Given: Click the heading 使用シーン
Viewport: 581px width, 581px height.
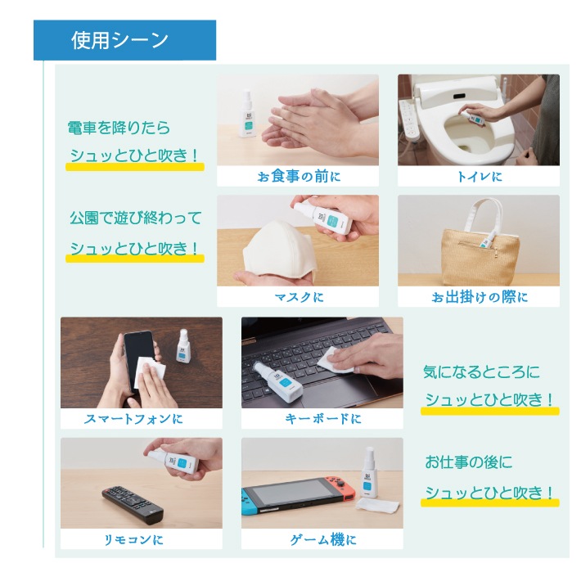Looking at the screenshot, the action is (119, 40).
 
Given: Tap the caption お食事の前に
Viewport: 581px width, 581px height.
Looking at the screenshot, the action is (299, 176).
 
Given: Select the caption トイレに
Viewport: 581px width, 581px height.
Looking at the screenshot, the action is (480, 177).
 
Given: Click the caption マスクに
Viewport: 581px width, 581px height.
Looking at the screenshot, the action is (299, 297).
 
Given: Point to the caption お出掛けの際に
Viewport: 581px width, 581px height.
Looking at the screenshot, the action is (480, 297).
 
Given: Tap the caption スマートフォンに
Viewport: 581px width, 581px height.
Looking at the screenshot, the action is (133, 419).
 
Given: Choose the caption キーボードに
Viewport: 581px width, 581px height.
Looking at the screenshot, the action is (322, 419).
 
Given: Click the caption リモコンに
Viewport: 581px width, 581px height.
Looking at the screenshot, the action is (133, 539).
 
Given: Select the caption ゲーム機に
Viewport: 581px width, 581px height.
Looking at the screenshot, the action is (322, 539).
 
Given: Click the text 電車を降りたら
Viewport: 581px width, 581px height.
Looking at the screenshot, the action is (119, 128).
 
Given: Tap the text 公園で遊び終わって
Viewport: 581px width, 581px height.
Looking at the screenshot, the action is (136, 218).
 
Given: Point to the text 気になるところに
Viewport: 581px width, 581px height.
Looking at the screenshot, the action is (481, 372).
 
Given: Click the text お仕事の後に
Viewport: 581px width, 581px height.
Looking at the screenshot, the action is (468, 462).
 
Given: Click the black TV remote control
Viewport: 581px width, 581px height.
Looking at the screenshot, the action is (133, 505).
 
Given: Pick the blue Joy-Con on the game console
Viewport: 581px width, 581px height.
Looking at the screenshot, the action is (247, 502).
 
